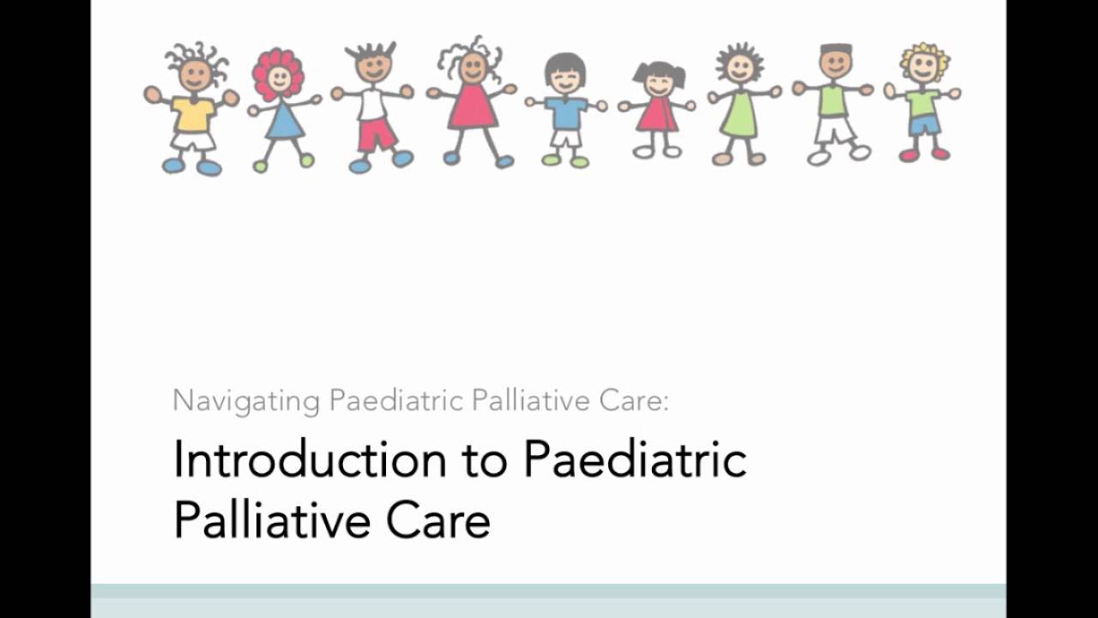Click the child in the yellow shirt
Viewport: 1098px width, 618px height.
click(x=192, y=112)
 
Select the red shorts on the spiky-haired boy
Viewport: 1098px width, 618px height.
click(x=377, y=134)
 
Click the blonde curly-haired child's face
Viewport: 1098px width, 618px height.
click(x=923, y=68)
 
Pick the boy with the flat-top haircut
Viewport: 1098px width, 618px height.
click(x=834, y=103)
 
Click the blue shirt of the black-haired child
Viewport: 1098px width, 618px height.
click(x=565, y=112)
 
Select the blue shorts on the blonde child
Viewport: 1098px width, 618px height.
click(x=925, y=125)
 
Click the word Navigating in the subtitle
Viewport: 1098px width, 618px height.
click(x=246, y=401)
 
